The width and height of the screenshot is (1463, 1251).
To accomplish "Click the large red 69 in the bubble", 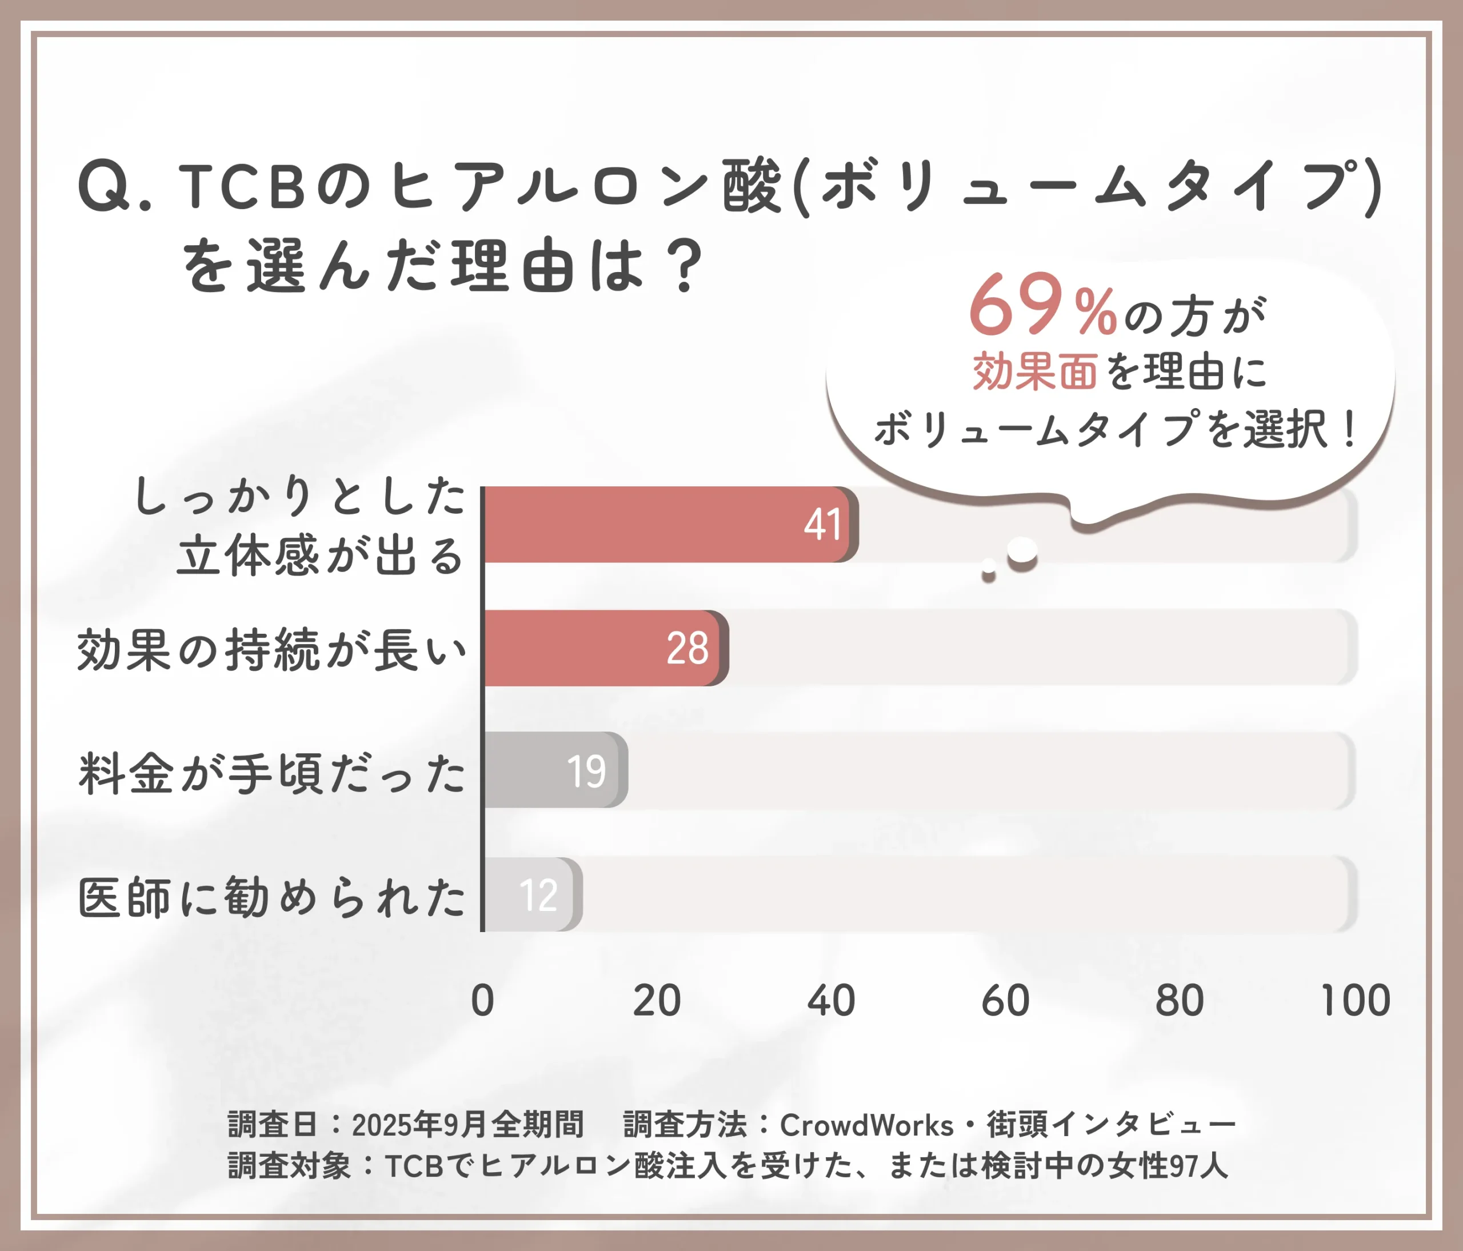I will pos(1016,305).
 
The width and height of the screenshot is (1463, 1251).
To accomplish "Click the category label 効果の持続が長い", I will pos(272,650).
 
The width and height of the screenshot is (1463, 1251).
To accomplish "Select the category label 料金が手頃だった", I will pos(272,773).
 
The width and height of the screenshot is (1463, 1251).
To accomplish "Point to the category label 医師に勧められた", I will pos(272,897).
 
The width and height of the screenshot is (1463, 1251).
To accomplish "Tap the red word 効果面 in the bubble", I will pos(1034,371).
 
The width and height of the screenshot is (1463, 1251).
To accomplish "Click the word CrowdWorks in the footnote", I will pos(866,1125).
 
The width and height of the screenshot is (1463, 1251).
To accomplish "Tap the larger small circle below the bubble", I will pos(1022,551).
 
